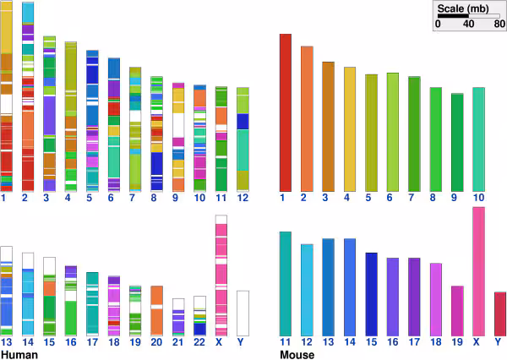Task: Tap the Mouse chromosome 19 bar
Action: pos(456,310)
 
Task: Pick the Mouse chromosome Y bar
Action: pos(499,314)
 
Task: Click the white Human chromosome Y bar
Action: pos(243,313)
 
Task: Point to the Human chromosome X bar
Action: pos(221,275)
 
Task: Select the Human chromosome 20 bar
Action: pos(156,310)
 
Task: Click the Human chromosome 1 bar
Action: pos(7,97)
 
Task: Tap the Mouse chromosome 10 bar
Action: pos(478,139)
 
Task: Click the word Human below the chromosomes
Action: pos(19,355)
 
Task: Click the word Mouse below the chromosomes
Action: pos(297,355)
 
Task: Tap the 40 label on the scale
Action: pos(467,25)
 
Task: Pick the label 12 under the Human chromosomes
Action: pos(243,198)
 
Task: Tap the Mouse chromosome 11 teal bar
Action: pos(285,283)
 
